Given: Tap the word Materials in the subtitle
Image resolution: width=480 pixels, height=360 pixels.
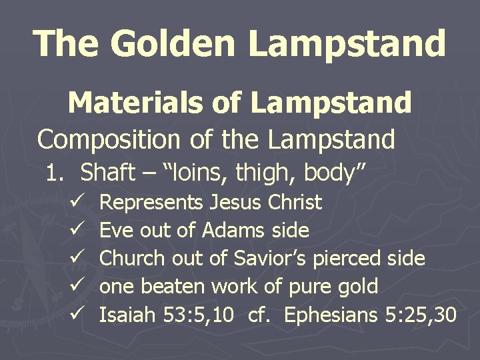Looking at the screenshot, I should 124,103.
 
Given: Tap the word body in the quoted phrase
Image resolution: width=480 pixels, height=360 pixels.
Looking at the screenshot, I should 335,173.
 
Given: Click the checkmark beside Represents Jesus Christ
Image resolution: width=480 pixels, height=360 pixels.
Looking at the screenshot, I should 75,202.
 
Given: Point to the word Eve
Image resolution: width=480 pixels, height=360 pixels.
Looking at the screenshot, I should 115,231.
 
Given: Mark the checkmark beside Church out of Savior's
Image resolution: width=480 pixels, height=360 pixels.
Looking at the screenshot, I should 75,259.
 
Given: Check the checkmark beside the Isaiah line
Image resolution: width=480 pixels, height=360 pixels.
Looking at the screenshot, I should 75,315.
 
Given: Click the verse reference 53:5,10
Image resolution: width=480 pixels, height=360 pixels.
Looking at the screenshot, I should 198,315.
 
